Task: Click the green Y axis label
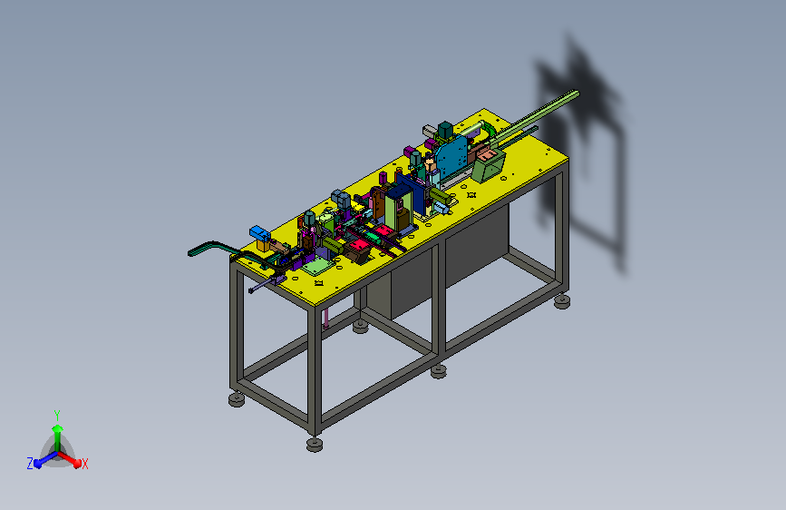click(57, 416)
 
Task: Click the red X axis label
click(84, 464)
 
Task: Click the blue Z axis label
click(30, 464)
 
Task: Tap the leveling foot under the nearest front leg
click(315, 445)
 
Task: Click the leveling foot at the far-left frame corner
click(237, 399)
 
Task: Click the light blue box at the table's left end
click(259, 233)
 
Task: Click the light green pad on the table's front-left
click(318, 266)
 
